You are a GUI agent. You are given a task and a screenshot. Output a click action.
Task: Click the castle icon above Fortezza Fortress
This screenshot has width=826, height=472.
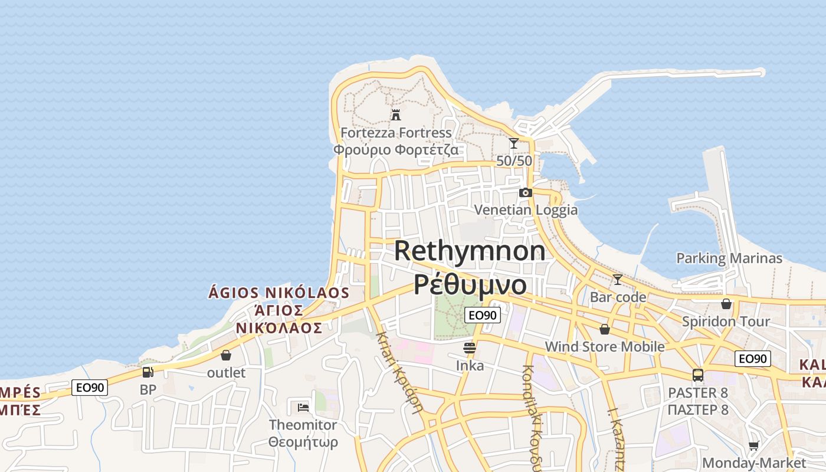click(396, 114)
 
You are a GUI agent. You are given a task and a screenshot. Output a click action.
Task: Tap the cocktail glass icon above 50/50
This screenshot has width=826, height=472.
click(514, 143)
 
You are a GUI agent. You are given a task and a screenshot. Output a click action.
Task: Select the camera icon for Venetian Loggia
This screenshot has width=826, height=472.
click(525, 192)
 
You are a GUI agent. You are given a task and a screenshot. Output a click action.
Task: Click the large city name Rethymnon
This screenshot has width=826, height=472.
click(470, 251)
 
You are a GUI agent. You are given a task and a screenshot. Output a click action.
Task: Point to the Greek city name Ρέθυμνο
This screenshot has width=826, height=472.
click(470, 284)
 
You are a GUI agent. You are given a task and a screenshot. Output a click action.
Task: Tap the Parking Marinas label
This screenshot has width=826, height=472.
click(729, 258)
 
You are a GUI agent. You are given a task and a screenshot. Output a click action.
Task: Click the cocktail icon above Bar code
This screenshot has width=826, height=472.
click(618, 279)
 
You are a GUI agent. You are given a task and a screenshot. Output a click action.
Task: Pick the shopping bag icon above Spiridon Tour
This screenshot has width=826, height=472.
click(726, 304)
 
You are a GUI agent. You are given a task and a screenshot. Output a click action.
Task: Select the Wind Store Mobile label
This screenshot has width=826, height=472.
click(605, 346)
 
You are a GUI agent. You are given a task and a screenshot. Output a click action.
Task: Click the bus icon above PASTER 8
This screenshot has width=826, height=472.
click(698, 375)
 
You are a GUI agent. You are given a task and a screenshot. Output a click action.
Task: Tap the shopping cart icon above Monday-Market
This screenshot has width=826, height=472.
click(753, 445)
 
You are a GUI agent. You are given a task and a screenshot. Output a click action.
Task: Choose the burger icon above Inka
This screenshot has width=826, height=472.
click(470, 348)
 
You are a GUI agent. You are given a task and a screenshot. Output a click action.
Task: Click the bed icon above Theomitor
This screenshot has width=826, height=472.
click(303, 407)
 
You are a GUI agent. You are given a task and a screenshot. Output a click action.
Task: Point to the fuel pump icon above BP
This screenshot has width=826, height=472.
click(147, 372)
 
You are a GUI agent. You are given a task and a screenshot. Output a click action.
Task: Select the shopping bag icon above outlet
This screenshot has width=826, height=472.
click(226, 355)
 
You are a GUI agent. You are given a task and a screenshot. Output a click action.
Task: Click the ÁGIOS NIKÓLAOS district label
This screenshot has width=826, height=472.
click(279, 293)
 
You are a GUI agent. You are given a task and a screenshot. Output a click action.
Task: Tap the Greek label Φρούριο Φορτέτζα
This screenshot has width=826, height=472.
click(395, 149)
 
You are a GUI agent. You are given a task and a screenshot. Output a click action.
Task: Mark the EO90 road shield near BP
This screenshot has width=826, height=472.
click(90, 388)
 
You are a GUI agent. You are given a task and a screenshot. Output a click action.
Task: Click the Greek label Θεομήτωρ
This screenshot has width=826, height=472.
click(303, 442)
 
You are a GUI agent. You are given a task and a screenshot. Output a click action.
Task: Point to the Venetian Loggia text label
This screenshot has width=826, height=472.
click(526, 210)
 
